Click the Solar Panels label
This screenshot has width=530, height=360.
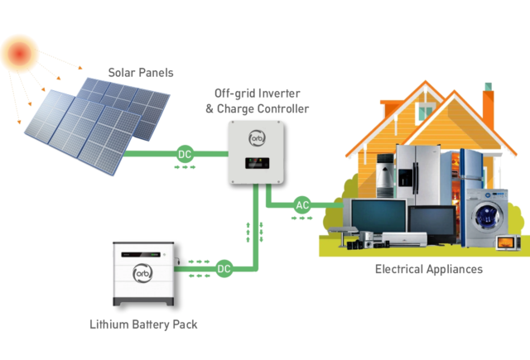(x=142, y=73)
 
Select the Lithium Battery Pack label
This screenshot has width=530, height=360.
(x=143, y=324)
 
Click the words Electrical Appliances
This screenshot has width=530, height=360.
(x=428, y=270)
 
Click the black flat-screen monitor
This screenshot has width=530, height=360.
(x=431, y=220)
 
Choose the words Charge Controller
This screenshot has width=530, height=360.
(x=274, y=108)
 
